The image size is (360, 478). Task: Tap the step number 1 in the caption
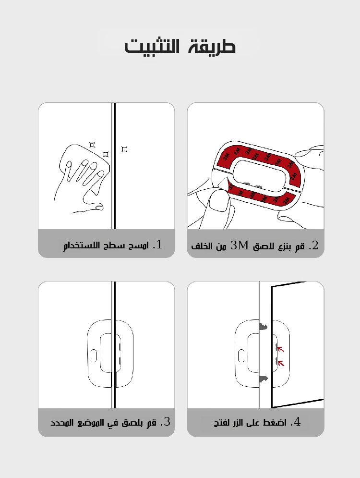pyautogui.click(x=157, y=245)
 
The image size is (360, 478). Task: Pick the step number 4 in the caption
pyautogui.click(x=296, y=422)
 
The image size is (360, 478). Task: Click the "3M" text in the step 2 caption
pyautogui.click(x=240, y=245)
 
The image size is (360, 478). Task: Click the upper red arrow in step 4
pyautogui.click(x=281, y=349)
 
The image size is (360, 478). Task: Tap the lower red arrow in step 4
pyautogui.click(x=281, y=363)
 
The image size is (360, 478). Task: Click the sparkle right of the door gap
pyautogui.click(x=124, y=149)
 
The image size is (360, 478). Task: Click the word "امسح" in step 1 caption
pyautogui.click(x=140, y=246)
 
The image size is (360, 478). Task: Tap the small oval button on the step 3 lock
pyautogui.click(x=94, y=355)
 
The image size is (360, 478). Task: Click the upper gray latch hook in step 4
pyautogui.click(x=263, y=327)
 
